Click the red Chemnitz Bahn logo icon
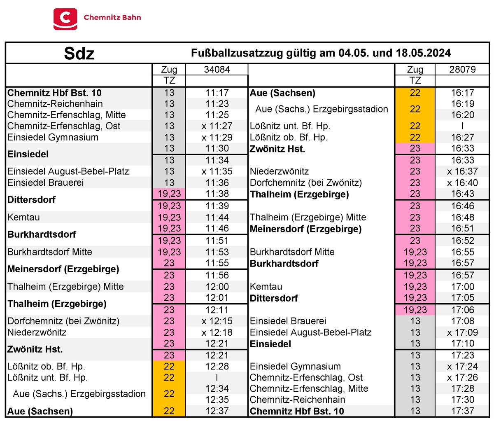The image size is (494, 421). (65, 19)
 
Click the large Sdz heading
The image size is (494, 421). (79, 54)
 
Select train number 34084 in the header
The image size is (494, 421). (217, 70)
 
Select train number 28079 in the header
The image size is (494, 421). (462, 70)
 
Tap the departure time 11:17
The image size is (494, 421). (217, 93)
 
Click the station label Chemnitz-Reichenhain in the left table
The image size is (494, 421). (55, 104)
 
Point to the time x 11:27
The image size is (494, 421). (217, 126)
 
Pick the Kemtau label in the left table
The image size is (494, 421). (23, 217)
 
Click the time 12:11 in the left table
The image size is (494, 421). (217, 310)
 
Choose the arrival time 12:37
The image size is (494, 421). (217, 411)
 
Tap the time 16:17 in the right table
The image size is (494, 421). (462, 93)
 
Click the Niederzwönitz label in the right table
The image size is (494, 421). (279, 171)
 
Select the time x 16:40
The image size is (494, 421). (462, 182)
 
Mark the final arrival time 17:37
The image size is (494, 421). (462, 411)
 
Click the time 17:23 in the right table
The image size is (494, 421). (462, 355)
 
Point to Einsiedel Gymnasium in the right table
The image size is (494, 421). (295, 366)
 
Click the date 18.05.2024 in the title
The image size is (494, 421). (423, 53)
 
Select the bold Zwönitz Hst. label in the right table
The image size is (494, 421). (277, 149)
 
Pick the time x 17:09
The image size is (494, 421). (462, 332)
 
